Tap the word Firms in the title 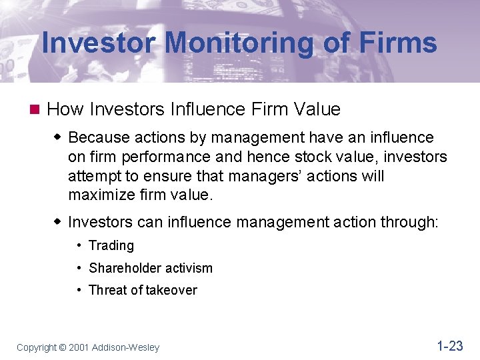tap(398, 43)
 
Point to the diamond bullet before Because tap(58, 137)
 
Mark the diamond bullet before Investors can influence tap(58, 221)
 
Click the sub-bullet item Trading tap(111, 245)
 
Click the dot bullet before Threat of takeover tap(79, 290)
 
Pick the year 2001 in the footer tap(79, 347)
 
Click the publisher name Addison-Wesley tap(125, 347)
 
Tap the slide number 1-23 tap(449, 345)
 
